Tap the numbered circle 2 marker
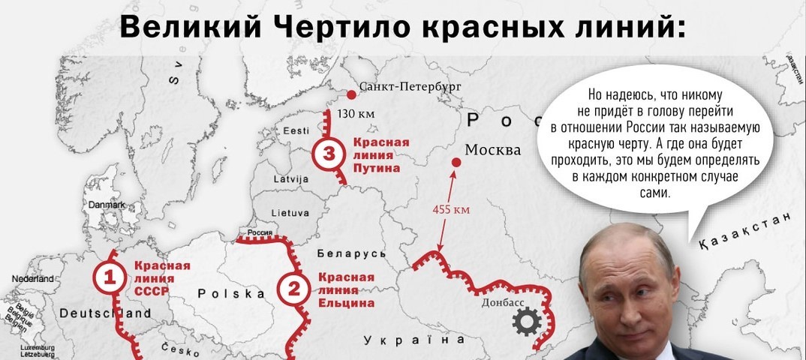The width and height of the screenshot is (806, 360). click(293, 288)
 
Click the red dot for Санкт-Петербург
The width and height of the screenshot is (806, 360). click(350, 94)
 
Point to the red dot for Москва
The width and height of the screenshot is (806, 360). click(455, 162)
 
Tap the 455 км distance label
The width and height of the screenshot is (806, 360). click(452, 209)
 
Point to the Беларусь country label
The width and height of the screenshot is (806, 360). click(352, 253)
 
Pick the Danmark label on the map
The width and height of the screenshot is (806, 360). click(106, 205)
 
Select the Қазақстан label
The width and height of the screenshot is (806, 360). click(745, 229)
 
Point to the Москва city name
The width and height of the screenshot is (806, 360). click(493, 150)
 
